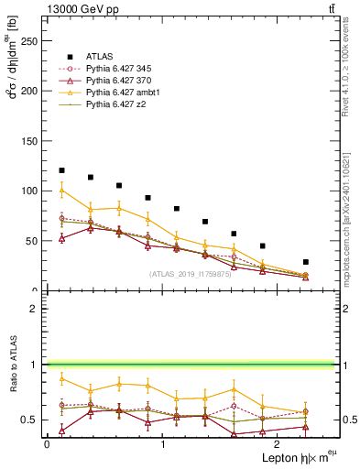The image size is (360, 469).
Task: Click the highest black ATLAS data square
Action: (x=61, y=170)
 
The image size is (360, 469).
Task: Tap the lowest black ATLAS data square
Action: (x=305, y=262)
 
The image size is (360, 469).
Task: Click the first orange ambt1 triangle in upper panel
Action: (x=61, y=191)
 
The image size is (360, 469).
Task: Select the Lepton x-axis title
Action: (x=292, y=456)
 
